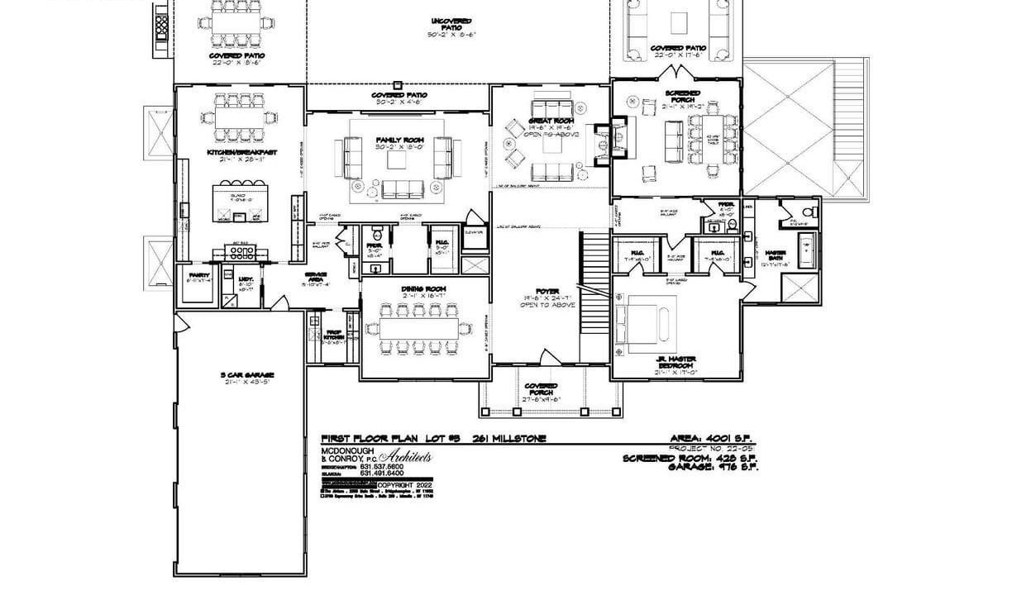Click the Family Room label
[399, 140]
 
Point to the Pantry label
[198, 274]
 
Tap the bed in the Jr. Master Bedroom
[640, 321]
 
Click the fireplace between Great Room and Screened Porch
[618, 137]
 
